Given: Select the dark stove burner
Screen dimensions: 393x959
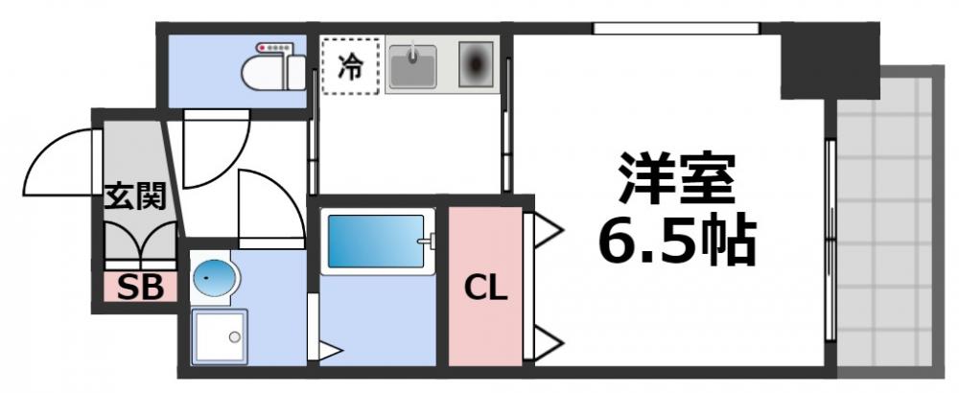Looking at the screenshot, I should pyautogui.click(x=476, y=64).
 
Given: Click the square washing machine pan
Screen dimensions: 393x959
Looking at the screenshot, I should pyautogui.click(x=219, y=336).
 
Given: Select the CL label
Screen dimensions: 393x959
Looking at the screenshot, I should pyautogui.click(x=485, y=289).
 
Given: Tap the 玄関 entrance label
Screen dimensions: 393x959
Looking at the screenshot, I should pyautogui.click(x=135, y=196).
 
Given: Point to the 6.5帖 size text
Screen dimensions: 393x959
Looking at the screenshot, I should pyautogui.click(x=677, y=241).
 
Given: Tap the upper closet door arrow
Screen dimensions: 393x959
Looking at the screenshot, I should pyautogui.click(x=548, y=228).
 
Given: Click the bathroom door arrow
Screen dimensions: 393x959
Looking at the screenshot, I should pyautogui.click(x=329, y=351).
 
